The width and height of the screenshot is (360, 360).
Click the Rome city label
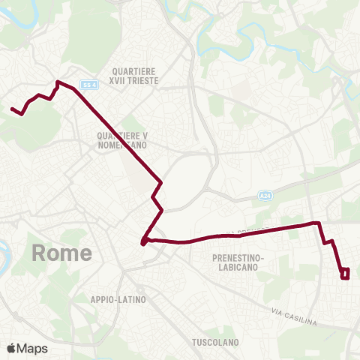(62, 253)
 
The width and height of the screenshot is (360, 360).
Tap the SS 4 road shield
(90, 84)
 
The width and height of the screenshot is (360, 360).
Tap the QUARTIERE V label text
(122, 135)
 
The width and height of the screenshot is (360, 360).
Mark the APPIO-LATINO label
(118, 299)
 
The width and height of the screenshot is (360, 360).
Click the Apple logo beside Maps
(11, 348)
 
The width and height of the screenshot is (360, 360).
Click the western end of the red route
(12, 109)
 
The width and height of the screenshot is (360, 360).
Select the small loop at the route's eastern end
(345, 274)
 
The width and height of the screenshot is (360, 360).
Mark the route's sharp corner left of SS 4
(58, 81)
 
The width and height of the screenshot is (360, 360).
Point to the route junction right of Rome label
(142, 241)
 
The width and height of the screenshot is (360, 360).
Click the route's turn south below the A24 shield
(320, 223)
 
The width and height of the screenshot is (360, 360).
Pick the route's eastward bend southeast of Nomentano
(160, 184)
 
